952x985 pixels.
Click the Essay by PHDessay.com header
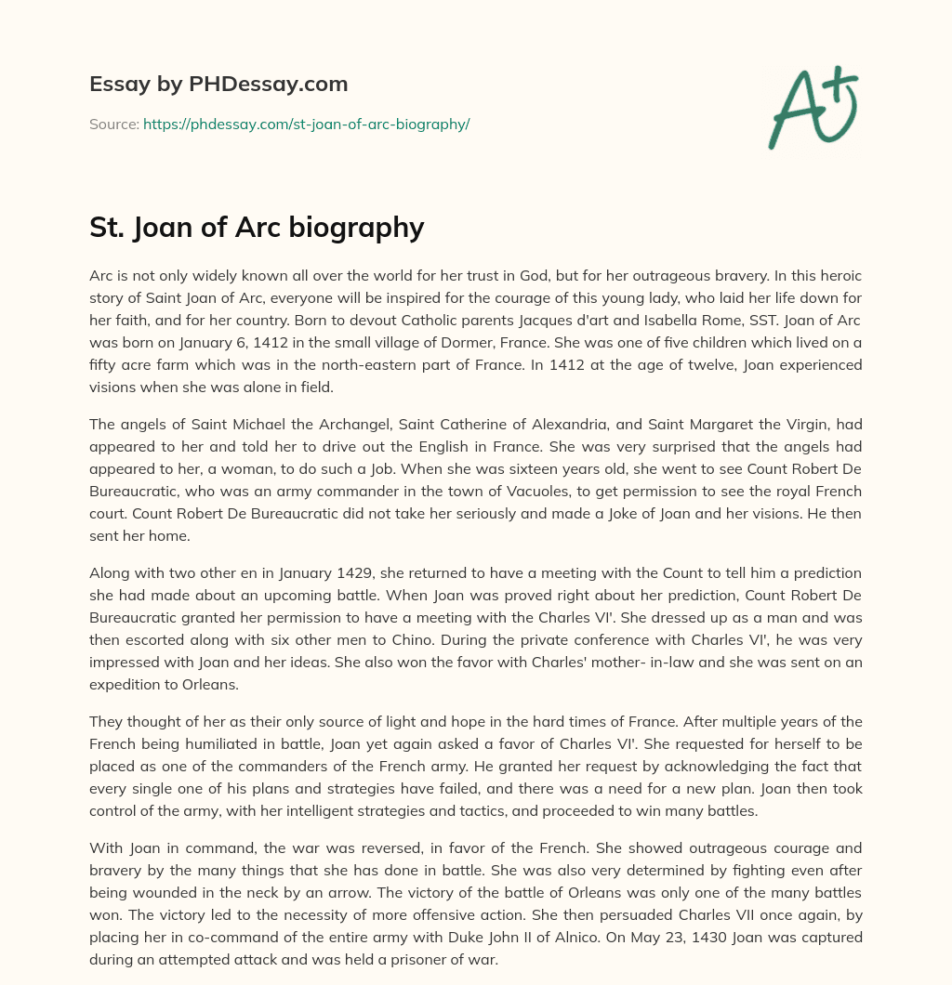pos(218,85)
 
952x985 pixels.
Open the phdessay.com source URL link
pos(306,124)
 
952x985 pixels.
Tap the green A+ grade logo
pos(812,107)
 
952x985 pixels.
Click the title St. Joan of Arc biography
pos(257,228)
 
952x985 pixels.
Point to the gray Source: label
pos(113,124)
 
